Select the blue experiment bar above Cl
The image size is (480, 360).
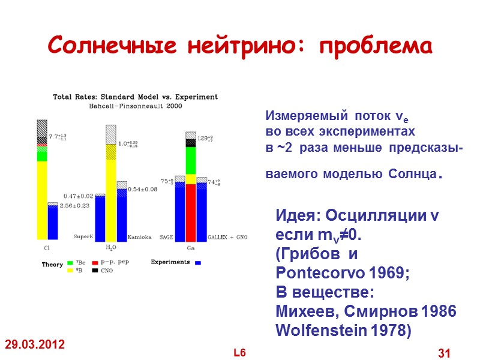pos(53,222)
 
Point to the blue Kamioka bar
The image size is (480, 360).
pos(122,214)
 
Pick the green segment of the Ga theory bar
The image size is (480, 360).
pos(191,160)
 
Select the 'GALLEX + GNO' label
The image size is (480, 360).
pos(227,238)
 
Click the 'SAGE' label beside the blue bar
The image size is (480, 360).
pos(166,238)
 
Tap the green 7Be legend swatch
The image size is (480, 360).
pos(71,263)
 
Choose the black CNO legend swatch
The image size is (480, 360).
pos(95,271)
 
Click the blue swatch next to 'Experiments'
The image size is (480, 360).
pos(198,263)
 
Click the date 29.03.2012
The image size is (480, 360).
pos(35,345)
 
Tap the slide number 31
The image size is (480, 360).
pos(444,353)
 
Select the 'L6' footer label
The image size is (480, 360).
pos(240,352)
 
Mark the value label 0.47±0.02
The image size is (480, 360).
pos(79,196)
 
